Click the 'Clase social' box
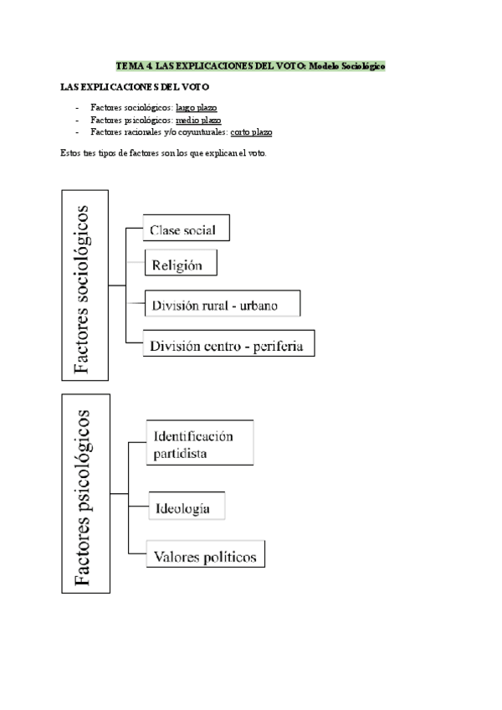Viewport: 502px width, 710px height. tap(186, 229)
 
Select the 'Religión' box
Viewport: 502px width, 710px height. tap(181, 265)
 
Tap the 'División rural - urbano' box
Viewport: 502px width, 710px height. tap(222, 305)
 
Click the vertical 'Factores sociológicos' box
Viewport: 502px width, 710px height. tap(85, 284)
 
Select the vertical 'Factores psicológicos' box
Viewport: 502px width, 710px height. tap(85, 493)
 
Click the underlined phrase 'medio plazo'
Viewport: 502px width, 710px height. tap(199, 120)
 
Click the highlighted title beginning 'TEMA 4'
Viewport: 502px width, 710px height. tap(250, 65)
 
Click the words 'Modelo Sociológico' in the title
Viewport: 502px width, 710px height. tap(346, 65)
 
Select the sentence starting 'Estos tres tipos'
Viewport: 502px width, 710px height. tap(163, 153)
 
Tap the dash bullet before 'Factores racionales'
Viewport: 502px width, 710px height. tap(77, 131)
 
